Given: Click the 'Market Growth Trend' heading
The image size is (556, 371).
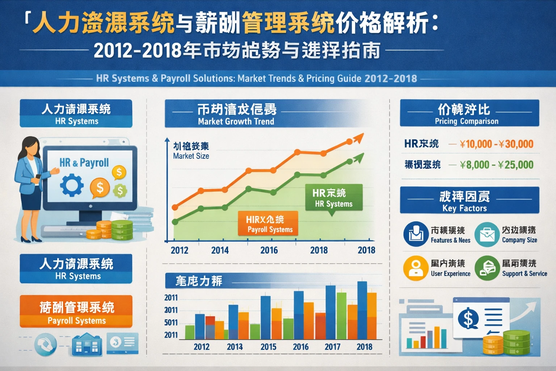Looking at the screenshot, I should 236,121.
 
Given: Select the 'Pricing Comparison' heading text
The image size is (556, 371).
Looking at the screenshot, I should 466,121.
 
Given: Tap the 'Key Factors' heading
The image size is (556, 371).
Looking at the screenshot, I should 464,208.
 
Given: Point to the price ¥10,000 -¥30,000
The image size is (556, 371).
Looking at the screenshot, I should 496,144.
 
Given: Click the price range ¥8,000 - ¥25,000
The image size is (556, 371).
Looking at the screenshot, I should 496,165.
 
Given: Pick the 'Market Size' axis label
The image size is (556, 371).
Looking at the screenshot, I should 191,156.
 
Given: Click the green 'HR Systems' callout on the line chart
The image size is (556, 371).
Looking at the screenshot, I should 333,198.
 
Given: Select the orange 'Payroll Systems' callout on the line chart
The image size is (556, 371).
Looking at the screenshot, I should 268,224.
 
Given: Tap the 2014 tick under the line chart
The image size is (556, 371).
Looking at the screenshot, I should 220,250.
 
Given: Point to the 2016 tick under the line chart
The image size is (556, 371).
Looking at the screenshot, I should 269,250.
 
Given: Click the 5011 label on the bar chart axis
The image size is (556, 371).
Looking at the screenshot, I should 171,322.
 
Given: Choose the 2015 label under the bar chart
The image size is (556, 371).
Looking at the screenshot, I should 268,347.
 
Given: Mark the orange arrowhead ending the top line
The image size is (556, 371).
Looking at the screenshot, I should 358,138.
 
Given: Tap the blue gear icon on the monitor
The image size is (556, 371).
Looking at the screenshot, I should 72,185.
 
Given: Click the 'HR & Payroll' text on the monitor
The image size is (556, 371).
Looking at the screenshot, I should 84,163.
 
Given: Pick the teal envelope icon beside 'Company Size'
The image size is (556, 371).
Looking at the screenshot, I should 487,234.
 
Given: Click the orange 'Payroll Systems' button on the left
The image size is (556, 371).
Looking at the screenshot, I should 76,311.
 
